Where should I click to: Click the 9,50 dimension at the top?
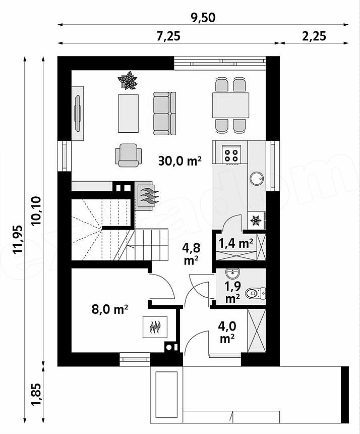pos(203,18)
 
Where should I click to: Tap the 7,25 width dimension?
pos(168,36)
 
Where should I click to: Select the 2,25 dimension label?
pos(314,36)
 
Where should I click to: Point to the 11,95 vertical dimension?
pos(19,240)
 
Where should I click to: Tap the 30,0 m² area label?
pos(179,160)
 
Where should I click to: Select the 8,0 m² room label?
pos(110,309)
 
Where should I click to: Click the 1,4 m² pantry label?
pos(236,243)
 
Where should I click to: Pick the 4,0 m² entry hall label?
pos(227,332)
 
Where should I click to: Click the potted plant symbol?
pos(128,80)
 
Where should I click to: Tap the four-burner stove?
pos(231,155)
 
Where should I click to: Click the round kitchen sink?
pos(257,178)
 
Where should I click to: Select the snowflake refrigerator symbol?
pos(256,221)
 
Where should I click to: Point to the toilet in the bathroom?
pos(255,293)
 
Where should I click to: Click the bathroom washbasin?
pos(233,274)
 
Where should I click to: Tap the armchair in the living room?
pos(128,155)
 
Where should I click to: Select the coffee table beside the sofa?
pos(128,114)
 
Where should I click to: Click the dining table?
pos(230,105)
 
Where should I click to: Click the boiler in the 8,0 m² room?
pos(155,327)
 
